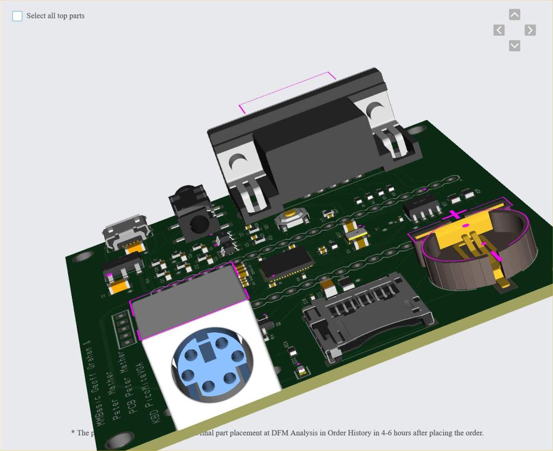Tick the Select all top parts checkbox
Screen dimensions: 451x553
click(x=17, y=16)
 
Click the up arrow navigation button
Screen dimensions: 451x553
click(x=515, y=15)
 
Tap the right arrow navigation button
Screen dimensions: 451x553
click(x=530, y=30)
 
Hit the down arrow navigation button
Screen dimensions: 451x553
click(x=515, y=46)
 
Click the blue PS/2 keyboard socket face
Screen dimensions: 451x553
click(x=211, y=364)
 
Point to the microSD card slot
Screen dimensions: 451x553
click(x=367, y=313)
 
